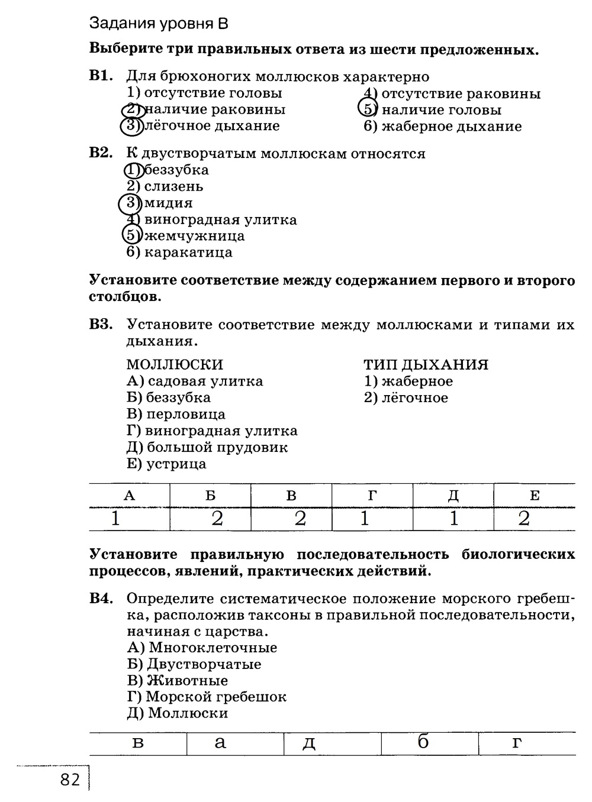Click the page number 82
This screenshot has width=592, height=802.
(69, 780)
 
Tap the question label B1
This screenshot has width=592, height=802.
(100, 76)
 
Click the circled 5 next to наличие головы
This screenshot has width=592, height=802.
(368, 109)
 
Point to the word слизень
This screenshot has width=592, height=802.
(174, 186)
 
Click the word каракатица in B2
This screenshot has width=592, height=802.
(188, 253)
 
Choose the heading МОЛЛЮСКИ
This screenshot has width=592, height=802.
(175, 364)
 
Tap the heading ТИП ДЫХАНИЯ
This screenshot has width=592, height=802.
(426, 364)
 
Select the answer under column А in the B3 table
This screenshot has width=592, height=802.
(115, 519)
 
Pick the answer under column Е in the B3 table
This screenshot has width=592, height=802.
(524, 519)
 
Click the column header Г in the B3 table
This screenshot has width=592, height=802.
(372, 496)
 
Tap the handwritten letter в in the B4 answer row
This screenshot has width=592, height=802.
(137, 742)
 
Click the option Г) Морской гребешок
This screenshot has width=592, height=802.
(207, 697)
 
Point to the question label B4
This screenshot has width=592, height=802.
(101, 599)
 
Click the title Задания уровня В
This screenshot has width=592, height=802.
(158, 24)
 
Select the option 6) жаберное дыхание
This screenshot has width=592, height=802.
(443, 127)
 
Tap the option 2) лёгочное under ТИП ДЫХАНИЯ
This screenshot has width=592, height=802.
(406, 398)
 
